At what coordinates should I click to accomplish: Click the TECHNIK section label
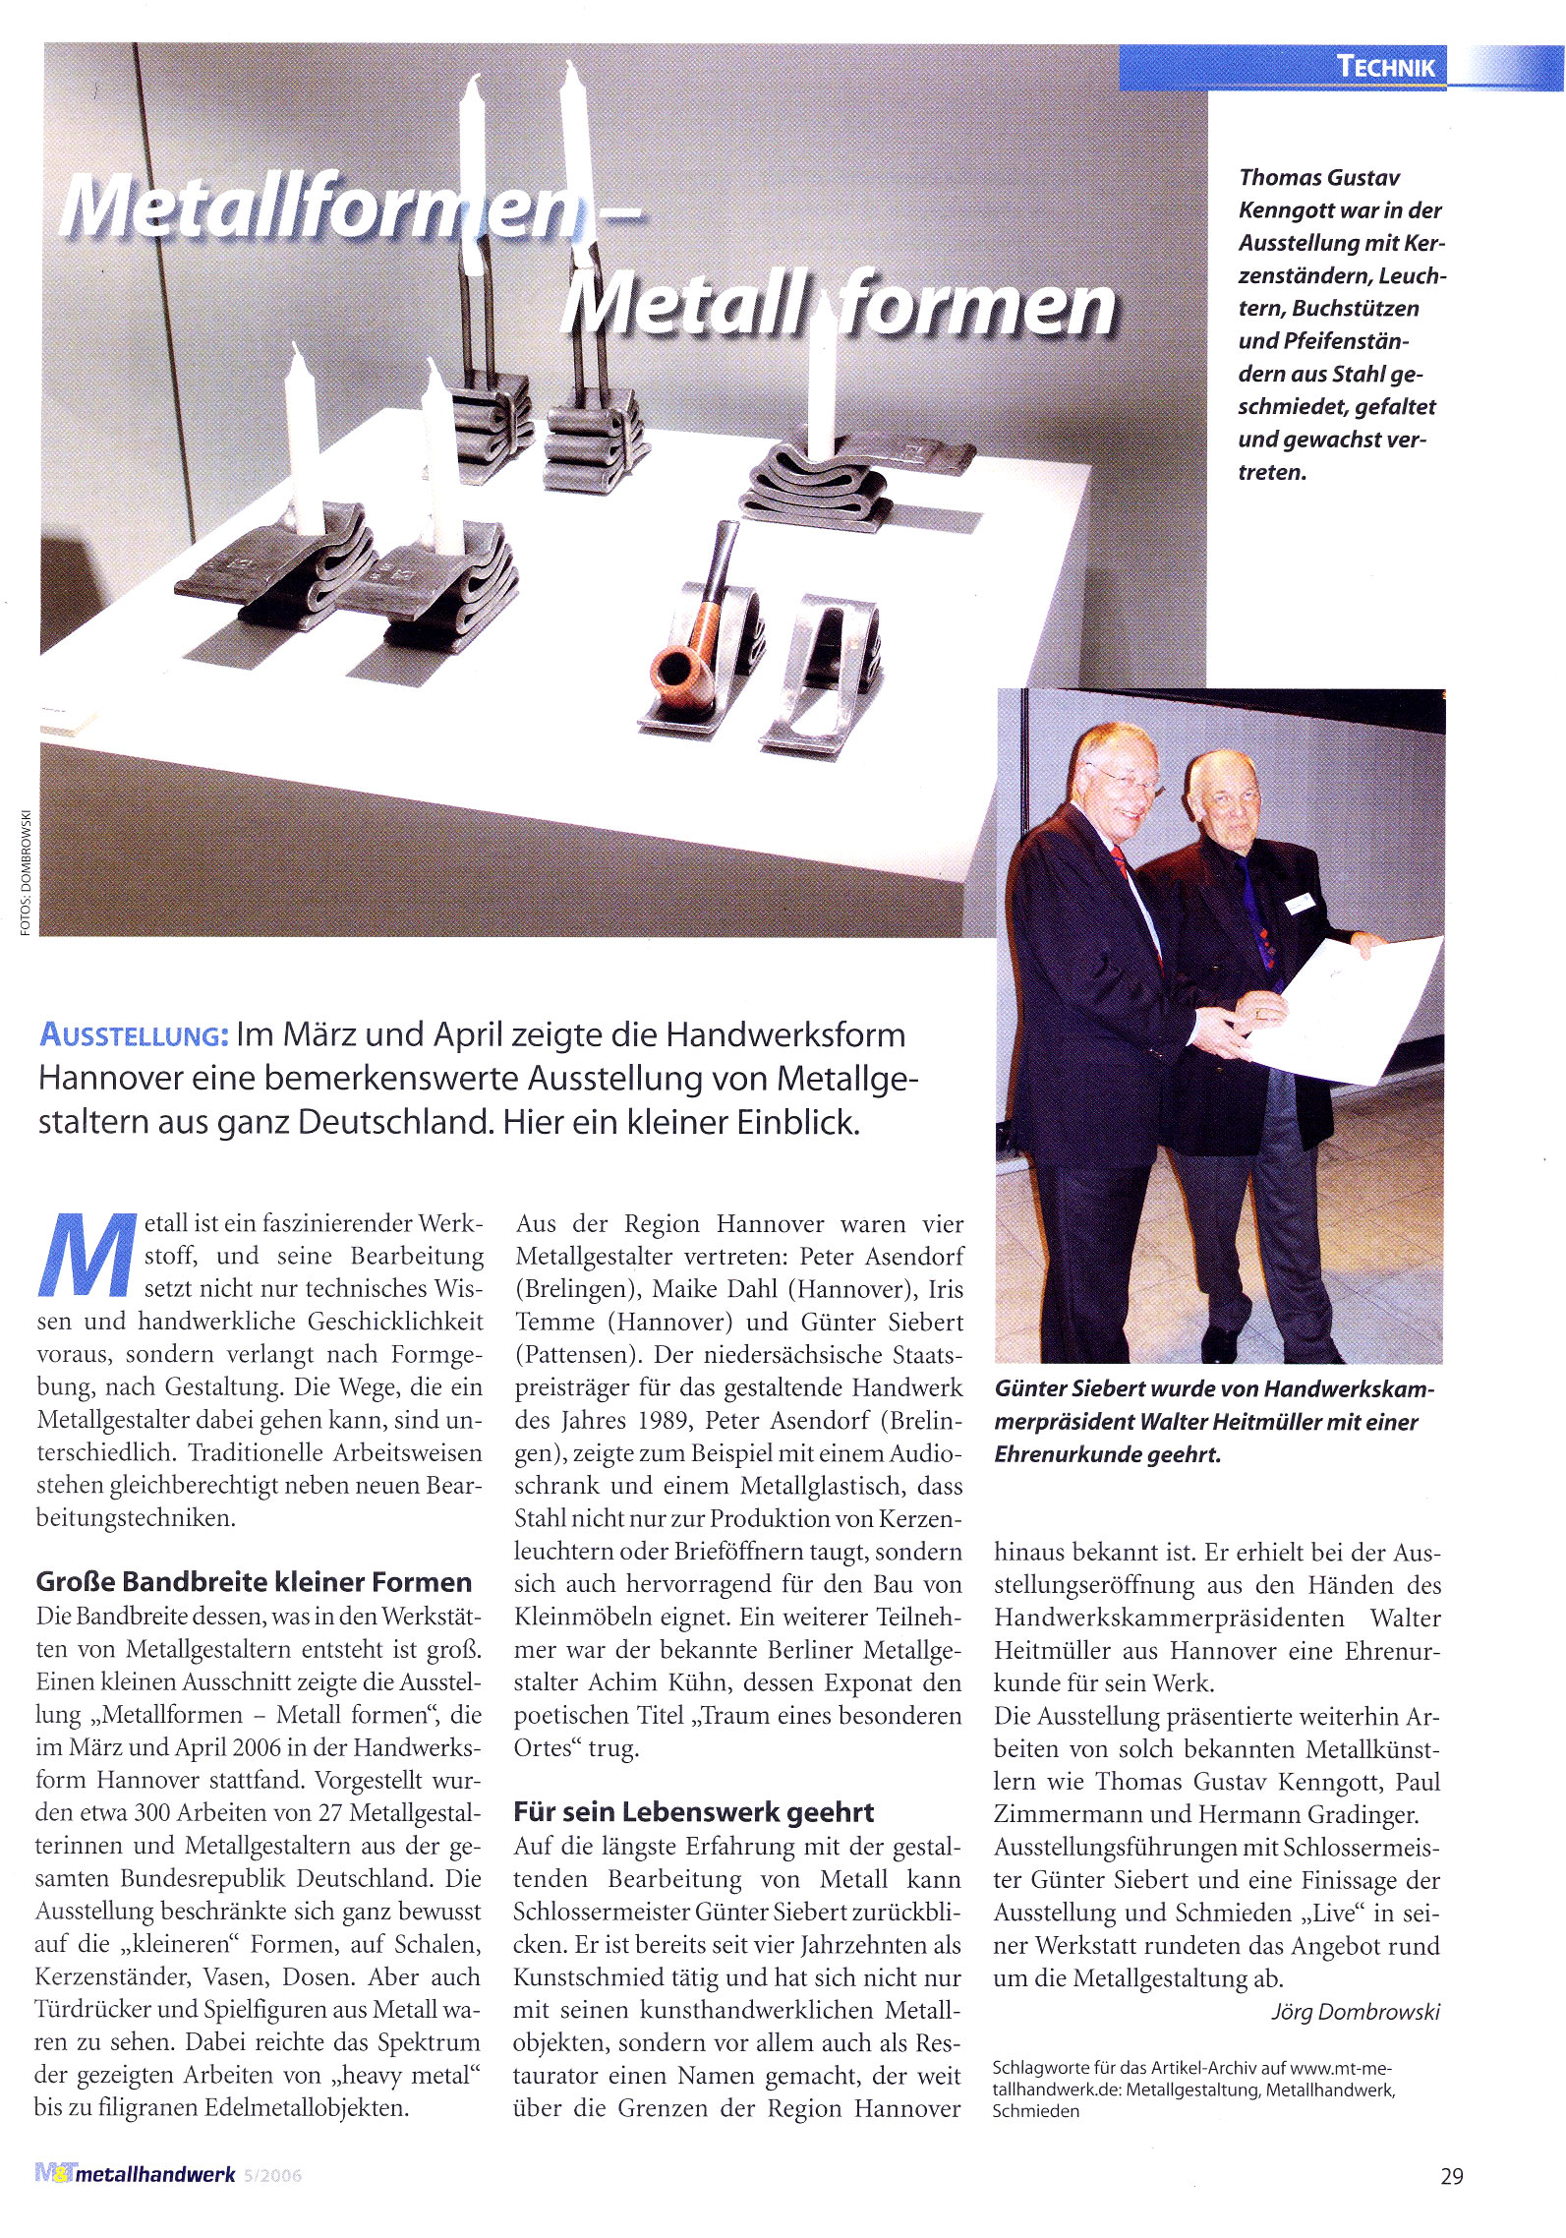[x=1385, y=67]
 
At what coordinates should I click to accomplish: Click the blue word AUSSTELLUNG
[x=134, y=1035]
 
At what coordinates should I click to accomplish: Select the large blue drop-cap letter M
[x=85, y=1256]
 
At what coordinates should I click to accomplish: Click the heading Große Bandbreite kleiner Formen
[x=254, y=1582]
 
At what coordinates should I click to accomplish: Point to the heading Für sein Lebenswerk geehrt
[x=694, y=1812]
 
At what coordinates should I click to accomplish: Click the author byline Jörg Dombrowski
[x=1356, y=2012]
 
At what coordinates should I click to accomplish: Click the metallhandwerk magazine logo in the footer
[x=136, y=2174]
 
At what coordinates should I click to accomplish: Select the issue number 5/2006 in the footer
[x=272, y=2175]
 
